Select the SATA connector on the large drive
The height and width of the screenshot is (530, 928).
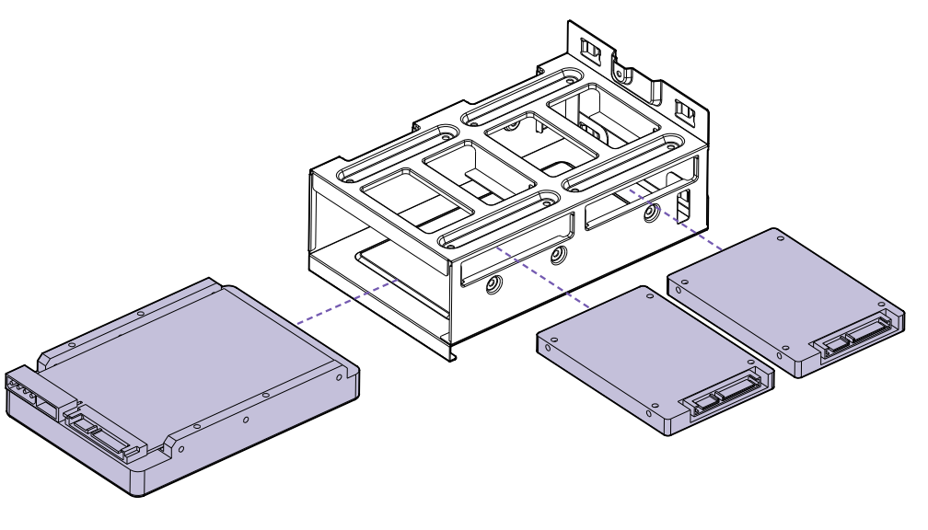click(98, 429)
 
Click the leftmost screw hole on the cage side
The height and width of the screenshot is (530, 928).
click(493, 285)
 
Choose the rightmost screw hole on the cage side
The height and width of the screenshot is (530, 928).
click(651, 213)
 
